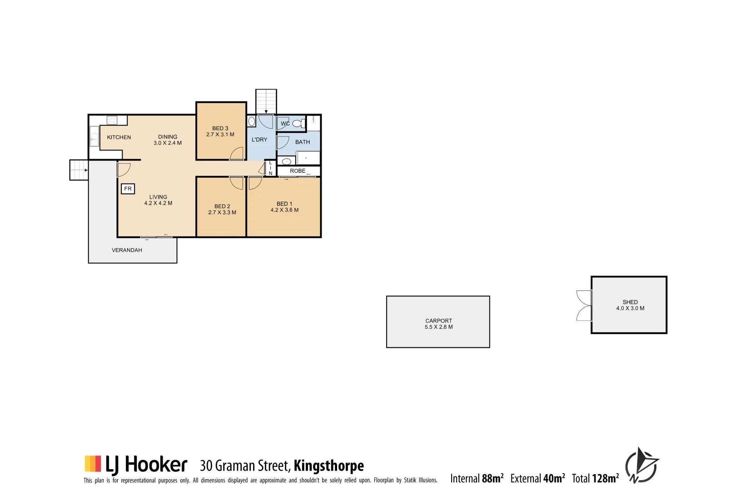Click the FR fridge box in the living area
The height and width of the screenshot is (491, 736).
128,189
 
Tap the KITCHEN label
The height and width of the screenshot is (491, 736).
119,137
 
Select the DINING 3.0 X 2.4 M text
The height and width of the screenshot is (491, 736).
168,140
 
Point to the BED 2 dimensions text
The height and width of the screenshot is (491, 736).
222,212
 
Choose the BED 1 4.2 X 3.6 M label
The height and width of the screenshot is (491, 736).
284,207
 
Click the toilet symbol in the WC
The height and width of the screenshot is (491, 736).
298,123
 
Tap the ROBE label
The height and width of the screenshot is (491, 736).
298,171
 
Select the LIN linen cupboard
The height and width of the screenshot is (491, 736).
270,168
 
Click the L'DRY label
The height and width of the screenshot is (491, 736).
259,140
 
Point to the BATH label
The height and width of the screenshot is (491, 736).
303,142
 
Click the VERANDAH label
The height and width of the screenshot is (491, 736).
127,250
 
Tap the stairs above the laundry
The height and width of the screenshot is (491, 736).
266,101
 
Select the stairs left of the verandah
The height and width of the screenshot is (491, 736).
79,170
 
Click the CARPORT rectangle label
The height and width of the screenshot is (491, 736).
438,323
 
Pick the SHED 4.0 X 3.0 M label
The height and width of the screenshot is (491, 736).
630,305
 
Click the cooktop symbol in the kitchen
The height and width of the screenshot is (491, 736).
112,120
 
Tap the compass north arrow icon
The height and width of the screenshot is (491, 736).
642,466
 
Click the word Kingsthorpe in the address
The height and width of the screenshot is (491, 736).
328,466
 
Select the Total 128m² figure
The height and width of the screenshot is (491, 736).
595,478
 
